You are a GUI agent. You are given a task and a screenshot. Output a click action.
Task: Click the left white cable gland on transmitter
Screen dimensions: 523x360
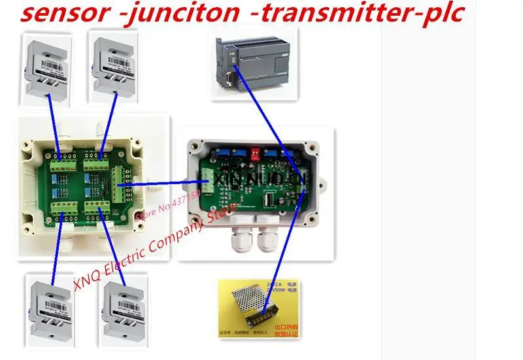[240, 242]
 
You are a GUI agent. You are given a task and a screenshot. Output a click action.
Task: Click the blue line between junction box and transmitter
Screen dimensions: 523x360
[163, 184]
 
